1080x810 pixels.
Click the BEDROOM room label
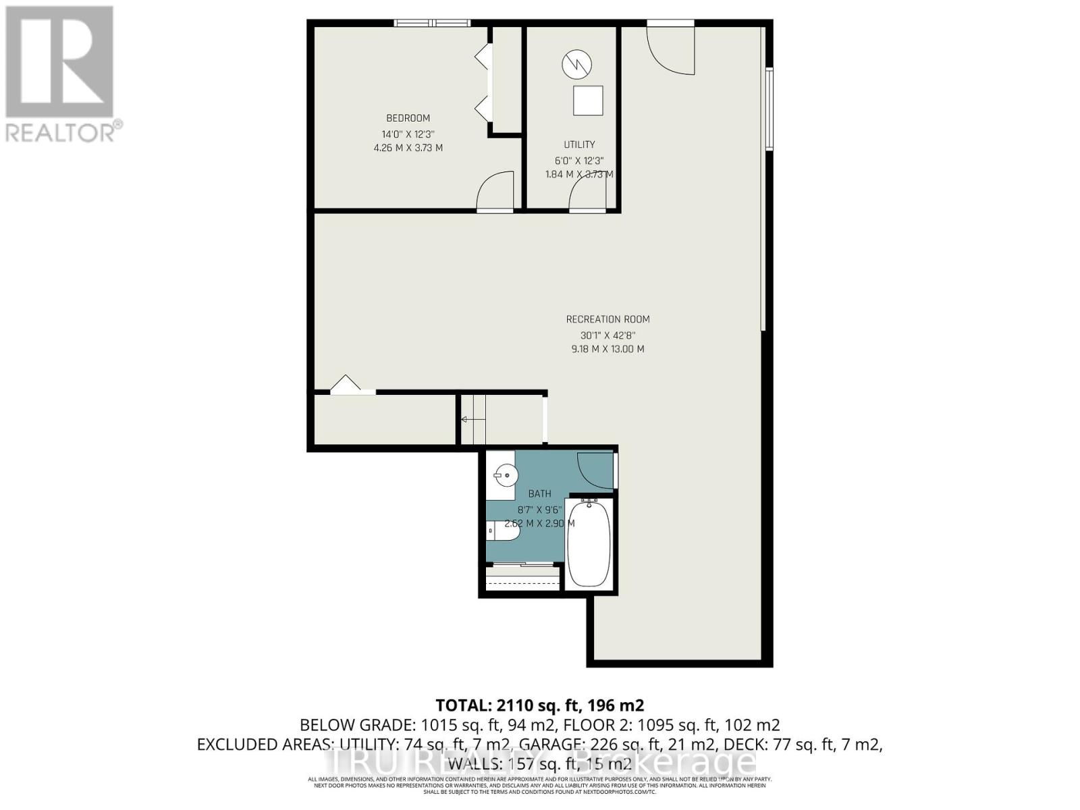pyautogui.click(x=408, y=118)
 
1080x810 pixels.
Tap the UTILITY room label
pyautogui.click(x=579, y=144)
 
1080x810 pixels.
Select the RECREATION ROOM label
pyautogui.click(x=607, y=319)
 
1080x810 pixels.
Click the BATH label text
pyautogui.click(x=539, y=494)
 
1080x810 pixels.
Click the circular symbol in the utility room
pyautogui.click(x=577, y=64)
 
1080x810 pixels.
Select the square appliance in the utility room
pyautogui.click(x=588, y=101)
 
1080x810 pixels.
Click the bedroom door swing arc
pyautogui.click(x=495, y=191)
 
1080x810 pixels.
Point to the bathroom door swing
pyautogui.click(x=595, y=469)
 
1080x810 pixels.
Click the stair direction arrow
pyautogui.click(x=464, y=419)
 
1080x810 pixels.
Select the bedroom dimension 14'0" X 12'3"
pyautogui.click(x=408, y=134)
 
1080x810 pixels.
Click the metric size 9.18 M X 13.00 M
pyautogui.click(x=607, y=349)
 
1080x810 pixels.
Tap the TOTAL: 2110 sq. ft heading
pyautogui.click(x=540, y=705)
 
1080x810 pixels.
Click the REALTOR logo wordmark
pyautogui.click(x=64, y=132)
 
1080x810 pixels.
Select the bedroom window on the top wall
pyautogui.click(x=432, y=23)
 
